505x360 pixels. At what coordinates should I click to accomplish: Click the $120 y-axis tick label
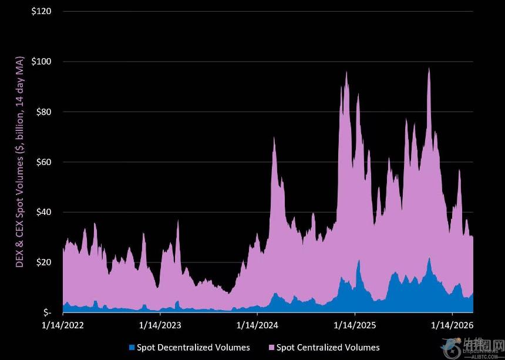(41, 11)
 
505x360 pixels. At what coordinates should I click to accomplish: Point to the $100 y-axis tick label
(41, 62)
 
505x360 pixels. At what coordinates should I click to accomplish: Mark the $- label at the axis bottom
(47, 312)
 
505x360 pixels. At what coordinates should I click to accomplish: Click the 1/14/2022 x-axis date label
(62, 324)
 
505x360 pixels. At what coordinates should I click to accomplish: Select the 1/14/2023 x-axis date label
(160, 324)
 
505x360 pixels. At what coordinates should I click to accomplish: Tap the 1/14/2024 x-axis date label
(257, 324)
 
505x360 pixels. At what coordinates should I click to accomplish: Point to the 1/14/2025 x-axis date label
(354, 324)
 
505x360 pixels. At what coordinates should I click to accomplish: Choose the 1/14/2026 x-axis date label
(452, 324)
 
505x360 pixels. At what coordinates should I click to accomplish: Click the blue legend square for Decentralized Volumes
(132, 348)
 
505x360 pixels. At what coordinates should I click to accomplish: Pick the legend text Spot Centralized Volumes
(328, 348)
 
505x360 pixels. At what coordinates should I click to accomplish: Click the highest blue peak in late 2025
(429, 259)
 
